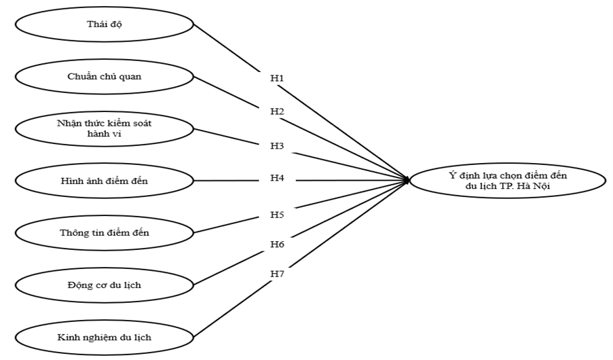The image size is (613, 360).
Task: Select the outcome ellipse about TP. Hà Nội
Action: pyautogui.click(x=508, y=180)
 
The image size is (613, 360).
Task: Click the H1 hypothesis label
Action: pyautogui.click(x=276, y=78)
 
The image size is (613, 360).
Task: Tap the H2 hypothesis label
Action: pyautogui.click(x=276, y=111)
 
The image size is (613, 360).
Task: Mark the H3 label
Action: pyautogui.click(x=276, y=146)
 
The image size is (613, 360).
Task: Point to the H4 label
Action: pyautogui.click(x=276, y=179)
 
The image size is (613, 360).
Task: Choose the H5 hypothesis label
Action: pyautogui.click(x=276, y=215)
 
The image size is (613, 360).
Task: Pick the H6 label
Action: pyautogui.click(x=276, y=244)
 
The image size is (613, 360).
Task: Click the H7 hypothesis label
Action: pyautogui.click(x=276, y=273)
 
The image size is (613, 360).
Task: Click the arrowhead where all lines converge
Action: pyautogui.click(x=407, y=180)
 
